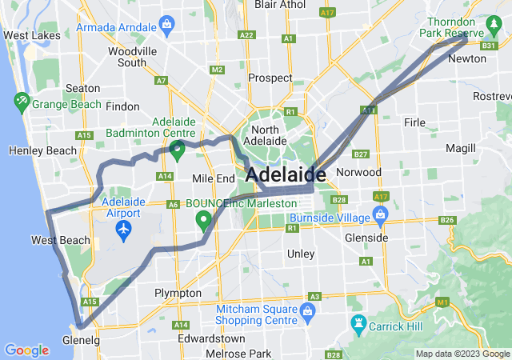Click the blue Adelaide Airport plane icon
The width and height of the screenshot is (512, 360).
(x=123, y=230)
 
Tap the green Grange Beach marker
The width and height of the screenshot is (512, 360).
(x=22, y=103)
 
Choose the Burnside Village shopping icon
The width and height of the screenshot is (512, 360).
(x=379, y=216)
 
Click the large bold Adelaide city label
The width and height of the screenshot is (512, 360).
(x=286, y=174)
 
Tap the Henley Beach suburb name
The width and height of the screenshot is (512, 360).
(x=42, y=150)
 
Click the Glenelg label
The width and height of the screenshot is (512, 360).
(x=81, y=340)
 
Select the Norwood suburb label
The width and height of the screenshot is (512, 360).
(x=359, y=172)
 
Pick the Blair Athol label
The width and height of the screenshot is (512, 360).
(x=280, y=5)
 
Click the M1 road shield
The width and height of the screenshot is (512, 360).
(x=442, y=302)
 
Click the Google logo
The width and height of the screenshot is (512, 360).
(x=26, y=350)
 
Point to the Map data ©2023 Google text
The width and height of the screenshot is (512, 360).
(x=462, y=354)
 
